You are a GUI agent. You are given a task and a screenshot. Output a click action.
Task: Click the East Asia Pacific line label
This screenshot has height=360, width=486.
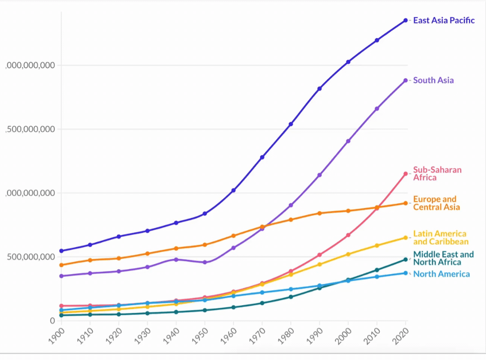coord(443,20)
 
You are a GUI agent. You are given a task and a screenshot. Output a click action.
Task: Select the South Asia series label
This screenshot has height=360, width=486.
coord(433,81)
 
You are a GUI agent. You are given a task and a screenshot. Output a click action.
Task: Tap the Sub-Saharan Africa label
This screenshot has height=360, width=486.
coord(431,174)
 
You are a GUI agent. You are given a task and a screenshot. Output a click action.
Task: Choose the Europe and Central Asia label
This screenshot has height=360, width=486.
coord(436,203)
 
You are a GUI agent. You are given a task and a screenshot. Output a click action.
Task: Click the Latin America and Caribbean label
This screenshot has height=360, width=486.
coord(441,238)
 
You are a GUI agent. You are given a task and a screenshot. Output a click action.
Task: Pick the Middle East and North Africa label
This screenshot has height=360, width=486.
coord(443,258)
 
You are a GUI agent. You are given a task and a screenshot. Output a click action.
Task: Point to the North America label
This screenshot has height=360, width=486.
coord(441,274)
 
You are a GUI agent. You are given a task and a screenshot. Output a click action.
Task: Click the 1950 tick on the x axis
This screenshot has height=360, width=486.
coord(200,336)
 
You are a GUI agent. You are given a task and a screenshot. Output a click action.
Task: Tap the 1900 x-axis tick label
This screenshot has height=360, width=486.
coord(57,336)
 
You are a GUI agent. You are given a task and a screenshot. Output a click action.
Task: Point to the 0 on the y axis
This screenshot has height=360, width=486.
coord(52,321)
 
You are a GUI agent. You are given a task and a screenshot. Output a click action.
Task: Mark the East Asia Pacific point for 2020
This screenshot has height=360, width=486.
coord(405,20)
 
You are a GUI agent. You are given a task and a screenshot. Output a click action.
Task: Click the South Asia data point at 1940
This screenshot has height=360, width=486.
coord(176,260)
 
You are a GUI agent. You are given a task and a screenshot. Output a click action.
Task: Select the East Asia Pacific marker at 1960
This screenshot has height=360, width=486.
coord(234,190)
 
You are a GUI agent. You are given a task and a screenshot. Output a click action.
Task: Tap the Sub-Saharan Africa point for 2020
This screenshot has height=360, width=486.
coord(405,174)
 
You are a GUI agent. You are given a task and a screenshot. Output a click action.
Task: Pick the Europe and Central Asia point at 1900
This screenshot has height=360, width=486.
coord(61,265)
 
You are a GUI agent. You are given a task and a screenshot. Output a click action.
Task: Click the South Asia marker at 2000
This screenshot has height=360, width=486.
coord(348,141)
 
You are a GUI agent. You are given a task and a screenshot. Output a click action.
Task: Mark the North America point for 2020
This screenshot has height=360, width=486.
coord(405,273)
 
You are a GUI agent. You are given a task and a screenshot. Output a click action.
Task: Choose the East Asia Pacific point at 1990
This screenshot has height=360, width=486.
coord(319,89)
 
